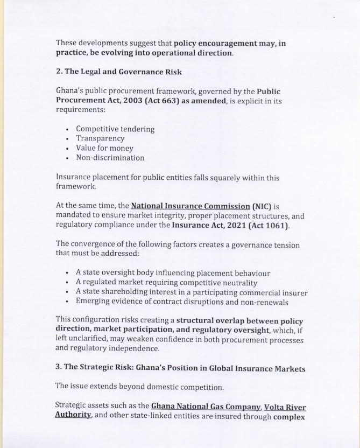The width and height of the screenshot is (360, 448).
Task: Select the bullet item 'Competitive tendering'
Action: pyautogui.click(x=115, y=129)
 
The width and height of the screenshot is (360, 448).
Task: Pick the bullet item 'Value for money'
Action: pyautogui.click(x=104, y=148)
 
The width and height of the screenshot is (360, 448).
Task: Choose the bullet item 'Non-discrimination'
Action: pyautogui.click(x=110, y=158)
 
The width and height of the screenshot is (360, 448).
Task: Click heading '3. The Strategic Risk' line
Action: pyautogui.click(x=180, y=368)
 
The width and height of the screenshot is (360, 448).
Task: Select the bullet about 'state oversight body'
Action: pyautogui.click(x=173, y=274)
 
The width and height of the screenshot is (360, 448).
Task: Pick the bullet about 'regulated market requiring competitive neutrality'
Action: pyautogui.click(x=166, y=283)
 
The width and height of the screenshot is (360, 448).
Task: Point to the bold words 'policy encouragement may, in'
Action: pyautogui.click(x=230, y=43)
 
